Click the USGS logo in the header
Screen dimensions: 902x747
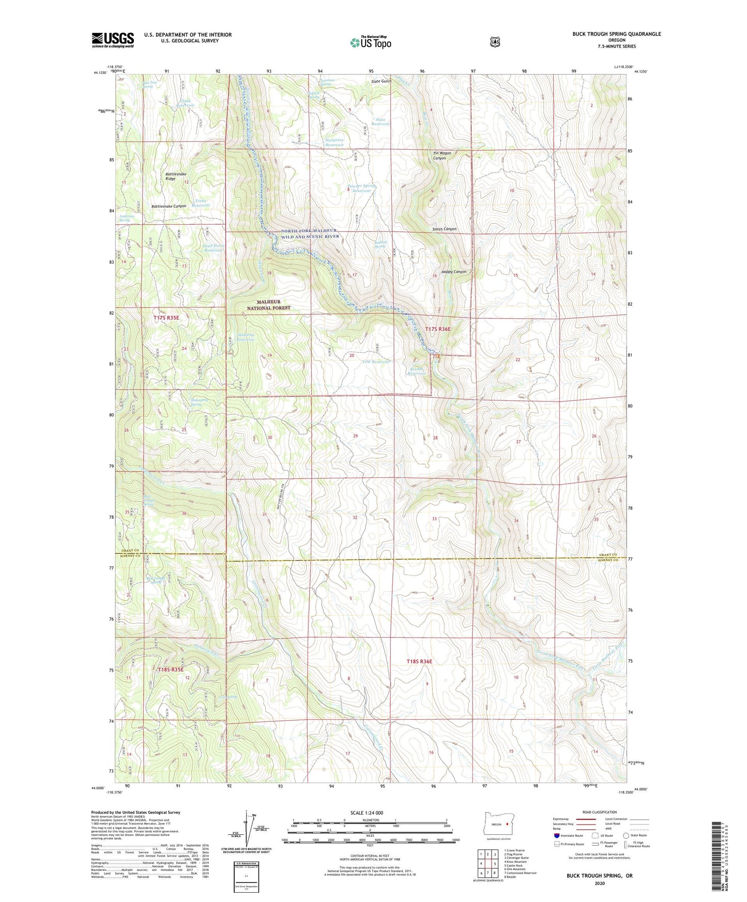coord(113,40)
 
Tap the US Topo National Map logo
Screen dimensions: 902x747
coord(370,42)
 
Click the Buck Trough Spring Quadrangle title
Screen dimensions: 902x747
coord(616,34)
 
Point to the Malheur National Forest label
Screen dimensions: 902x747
coord(268,305)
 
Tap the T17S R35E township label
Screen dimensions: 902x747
coord(166,318)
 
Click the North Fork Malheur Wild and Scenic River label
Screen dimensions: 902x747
coord(310,234)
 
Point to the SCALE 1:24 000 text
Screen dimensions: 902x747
coord(366,813)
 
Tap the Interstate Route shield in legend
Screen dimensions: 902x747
coord(556,835)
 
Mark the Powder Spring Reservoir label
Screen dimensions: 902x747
coord(362,188)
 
